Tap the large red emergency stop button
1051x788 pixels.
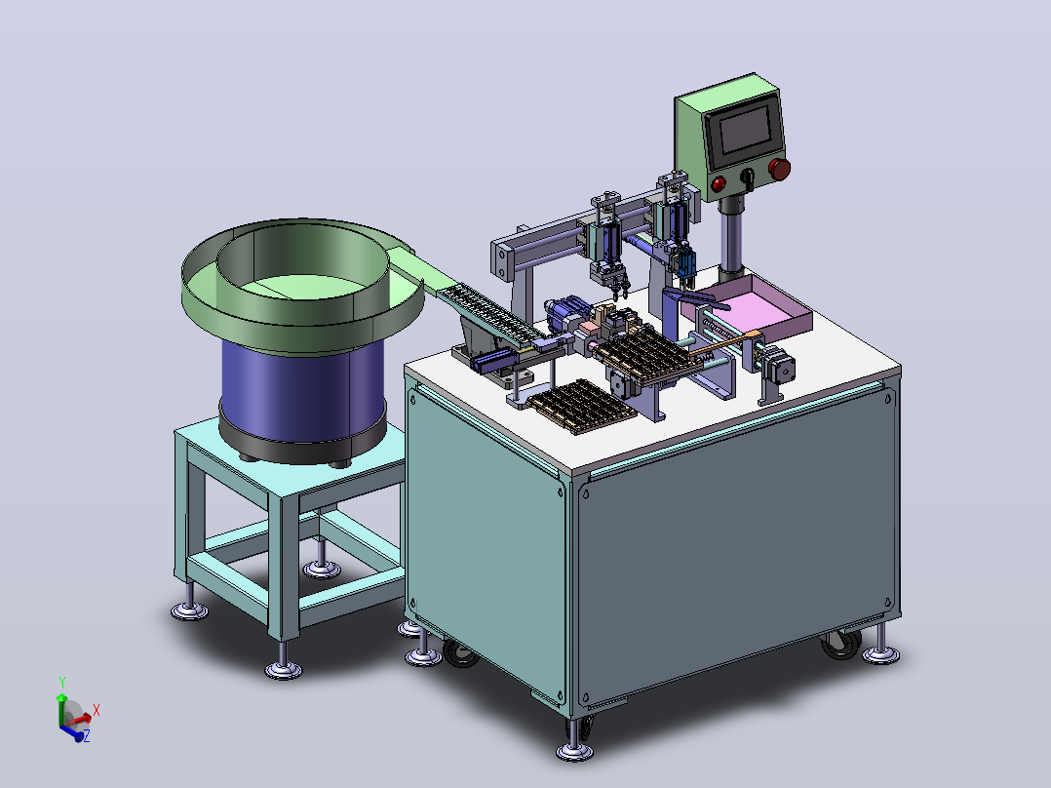click(x=780, y=169)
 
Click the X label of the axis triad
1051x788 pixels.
click(x=96, y=710)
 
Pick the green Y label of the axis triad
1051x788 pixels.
click(x=61, y=683)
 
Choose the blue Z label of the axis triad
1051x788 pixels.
click(x=86, y=736)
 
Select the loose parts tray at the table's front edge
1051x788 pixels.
click(x=580, y=407)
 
